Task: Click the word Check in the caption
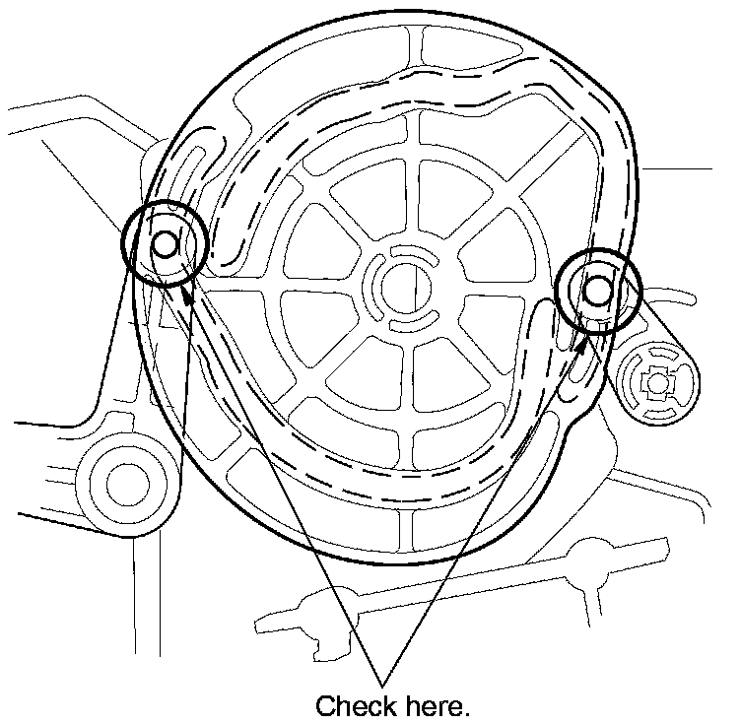(x=354, y=706)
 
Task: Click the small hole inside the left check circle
(x=164, y=242)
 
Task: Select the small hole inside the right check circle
(x=597, y=291)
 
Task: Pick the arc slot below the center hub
(x=412, y=322)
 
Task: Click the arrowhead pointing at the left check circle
(x=186, y=294)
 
